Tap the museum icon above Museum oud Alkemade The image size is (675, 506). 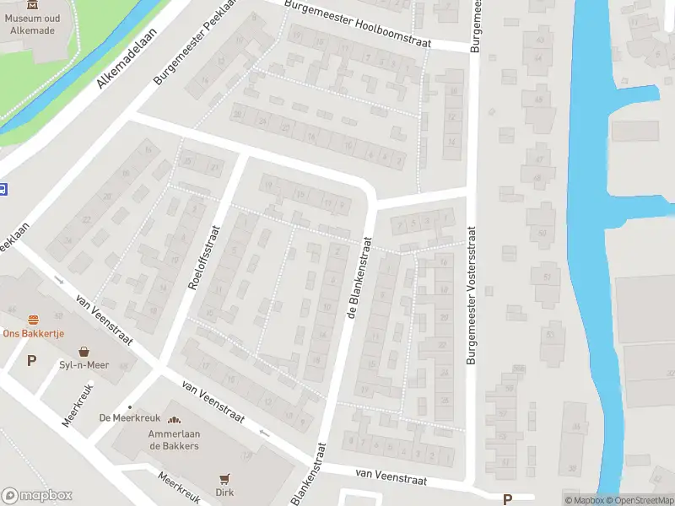32,5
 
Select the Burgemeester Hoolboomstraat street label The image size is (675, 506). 359,24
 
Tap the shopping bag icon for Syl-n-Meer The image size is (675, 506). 84,351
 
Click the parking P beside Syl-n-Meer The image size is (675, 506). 32,361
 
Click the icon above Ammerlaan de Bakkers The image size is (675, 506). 175,420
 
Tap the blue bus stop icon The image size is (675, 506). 3,190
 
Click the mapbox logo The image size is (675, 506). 37,496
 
